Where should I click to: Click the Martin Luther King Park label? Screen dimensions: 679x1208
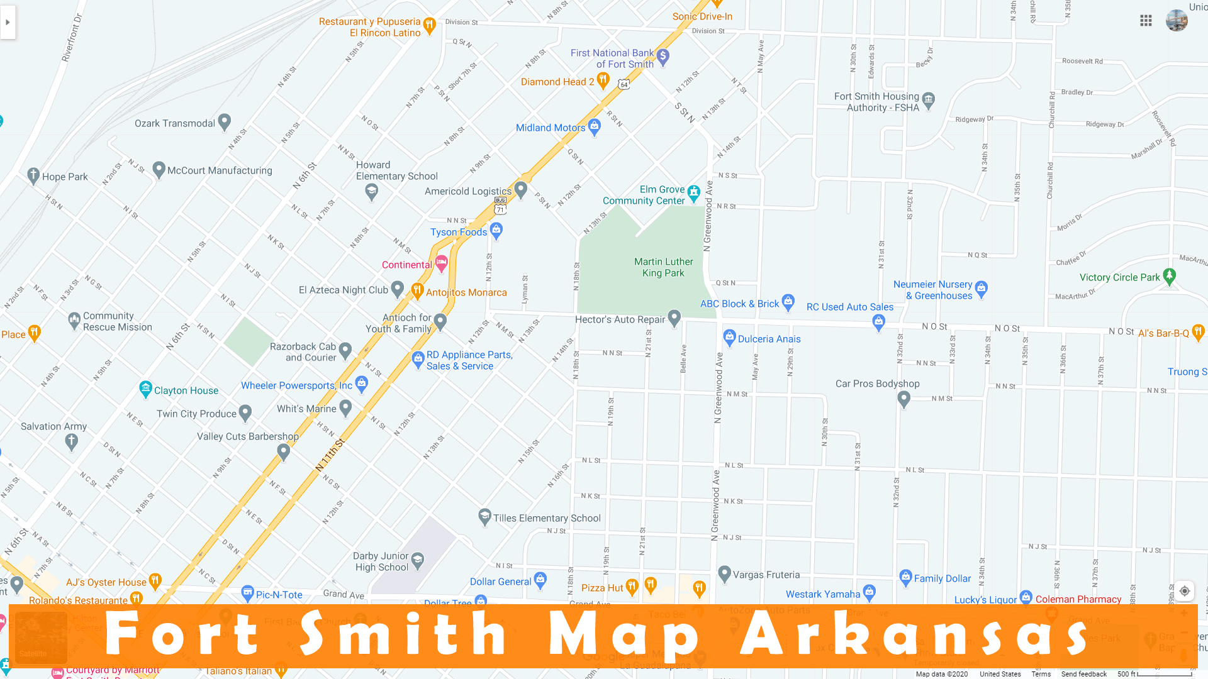click(x=663, y=267)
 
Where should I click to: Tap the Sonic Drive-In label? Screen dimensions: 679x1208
click(x=702, y=16)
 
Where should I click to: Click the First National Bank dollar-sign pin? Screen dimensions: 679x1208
click(x=663, y=57)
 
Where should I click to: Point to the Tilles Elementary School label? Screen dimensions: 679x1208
click(x=546, y=518)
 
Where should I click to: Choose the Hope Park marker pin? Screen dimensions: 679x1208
click(x=34, y=175)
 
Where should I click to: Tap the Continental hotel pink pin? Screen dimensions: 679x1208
click(x=441, y=263)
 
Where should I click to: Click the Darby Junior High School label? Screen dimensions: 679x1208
click(x=381, y=561)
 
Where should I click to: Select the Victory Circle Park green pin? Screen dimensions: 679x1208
click(x=1169, y=275)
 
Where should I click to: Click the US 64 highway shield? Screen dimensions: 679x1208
click(x=624, y=84)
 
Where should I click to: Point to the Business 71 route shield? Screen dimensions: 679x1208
click(x=500, y=206)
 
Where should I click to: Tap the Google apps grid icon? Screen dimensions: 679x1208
click(x=1146, y=21)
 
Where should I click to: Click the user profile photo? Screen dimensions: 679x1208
click(x=1177, y=21)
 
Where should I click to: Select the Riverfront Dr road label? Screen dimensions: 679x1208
click(x=72, y=38)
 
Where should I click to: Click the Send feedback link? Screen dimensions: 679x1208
click(x=1083, y=674)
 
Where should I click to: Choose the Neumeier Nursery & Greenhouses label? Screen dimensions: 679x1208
click(x=932, y=290)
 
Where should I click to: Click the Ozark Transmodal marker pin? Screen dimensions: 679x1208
click(x=225, y=121)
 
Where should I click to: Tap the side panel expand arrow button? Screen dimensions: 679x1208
click(x=8, y=23)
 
